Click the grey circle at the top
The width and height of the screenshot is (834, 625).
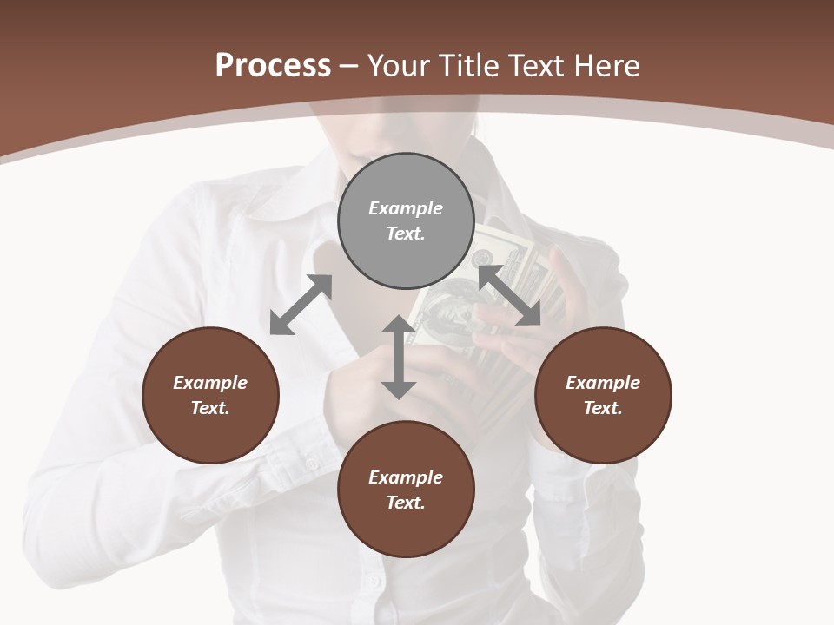click(406, 220)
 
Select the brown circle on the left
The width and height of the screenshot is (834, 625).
click(210, 395)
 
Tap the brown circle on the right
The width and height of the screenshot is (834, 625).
click(602, 395)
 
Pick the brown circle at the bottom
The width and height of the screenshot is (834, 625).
click(406, 489)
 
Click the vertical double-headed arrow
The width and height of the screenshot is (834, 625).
click(398, 357)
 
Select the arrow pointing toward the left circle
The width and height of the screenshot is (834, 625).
click(301, 305)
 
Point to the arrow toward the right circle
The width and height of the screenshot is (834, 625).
click(509, 295)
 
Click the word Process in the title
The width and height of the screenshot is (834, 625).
click(273, 66)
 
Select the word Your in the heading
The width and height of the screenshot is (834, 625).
click(399, 66)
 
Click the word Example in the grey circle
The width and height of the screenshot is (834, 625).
click(406, 208)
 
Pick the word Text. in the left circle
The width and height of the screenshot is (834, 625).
click(210, 408)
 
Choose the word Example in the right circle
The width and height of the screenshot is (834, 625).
click(602, 383)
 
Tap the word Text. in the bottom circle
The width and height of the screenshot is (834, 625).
click(406, 503)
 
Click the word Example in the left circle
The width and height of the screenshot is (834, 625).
click(210, 383)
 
